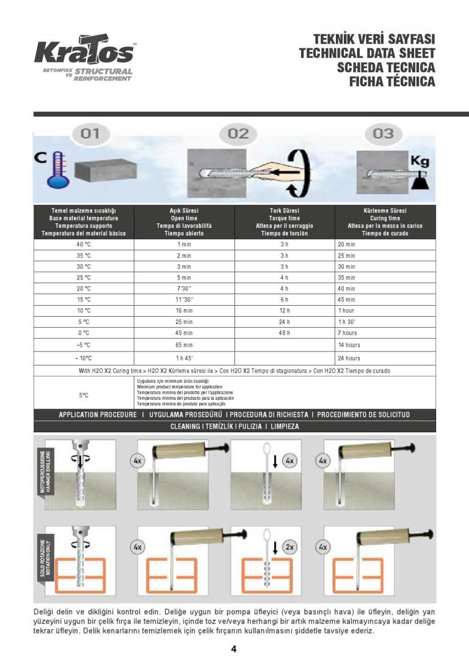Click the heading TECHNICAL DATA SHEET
(367, 53)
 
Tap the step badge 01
(90, 133)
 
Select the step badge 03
(383, 133)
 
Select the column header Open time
(184, 218)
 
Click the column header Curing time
(385, 218)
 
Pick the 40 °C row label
(84, 245)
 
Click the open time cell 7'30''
(184, 289)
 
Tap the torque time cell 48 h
(285, 333)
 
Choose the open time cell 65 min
(184, 345)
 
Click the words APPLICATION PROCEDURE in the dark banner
(98, 415)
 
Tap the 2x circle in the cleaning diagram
(289, 547)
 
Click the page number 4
(234, 649)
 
